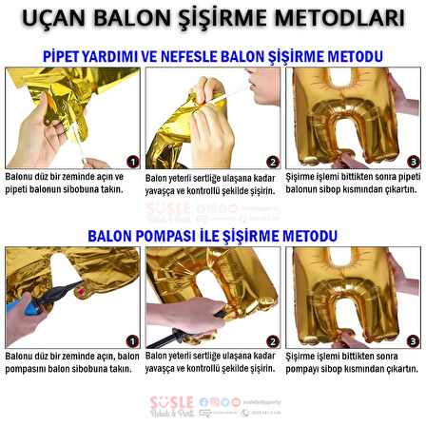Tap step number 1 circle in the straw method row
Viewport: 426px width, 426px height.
(132, 162)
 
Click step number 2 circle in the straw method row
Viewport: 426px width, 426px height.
(273, 162)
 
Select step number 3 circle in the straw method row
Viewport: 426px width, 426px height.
(413, 162)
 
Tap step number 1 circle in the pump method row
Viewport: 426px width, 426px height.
(132, 339)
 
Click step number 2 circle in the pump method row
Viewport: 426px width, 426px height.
(273, 339)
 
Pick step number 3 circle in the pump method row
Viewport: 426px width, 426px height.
(413, 339)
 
